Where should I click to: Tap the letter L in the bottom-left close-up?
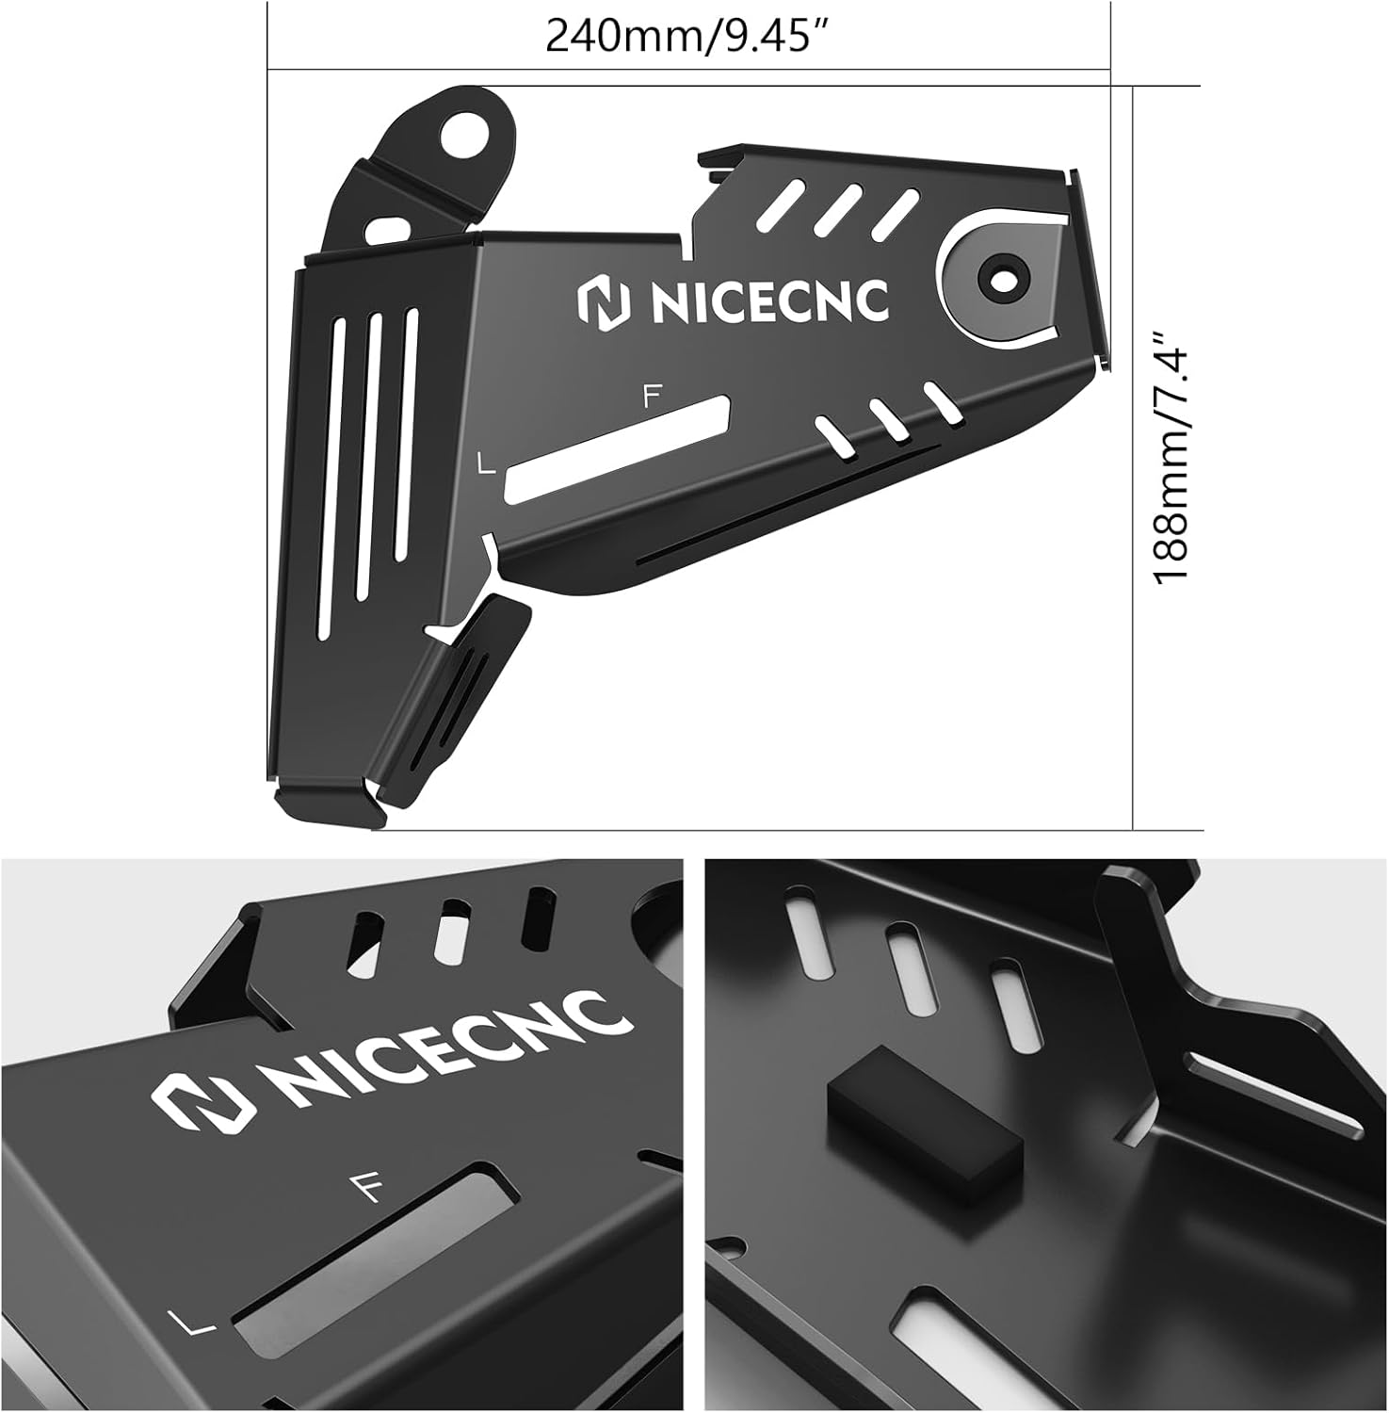[x=194, y=1323]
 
